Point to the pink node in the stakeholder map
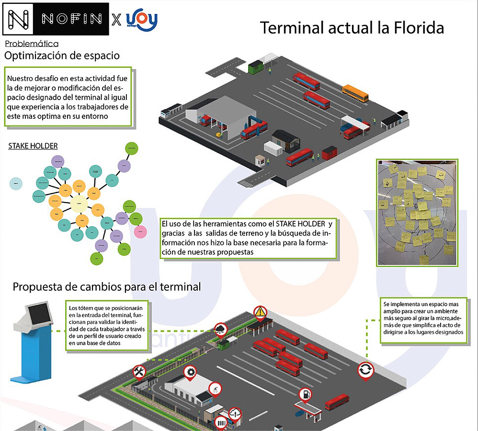click(x=140, y=232)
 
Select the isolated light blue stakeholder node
click(x=16, y=183)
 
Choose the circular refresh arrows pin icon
click(x=365, y=370)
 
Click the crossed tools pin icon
click(x=139, y=371)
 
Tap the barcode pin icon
click(x=221, y=423)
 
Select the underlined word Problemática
click(x=32, y=44)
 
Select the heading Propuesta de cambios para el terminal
click(x=106, y=287)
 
